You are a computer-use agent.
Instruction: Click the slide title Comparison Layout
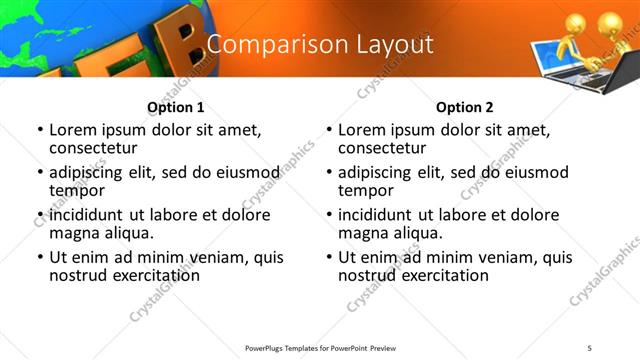pyautogui.click(x=320, y=44)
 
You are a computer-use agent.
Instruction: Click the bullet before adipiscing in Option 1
pyautogui.click(x=40, y=173)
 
